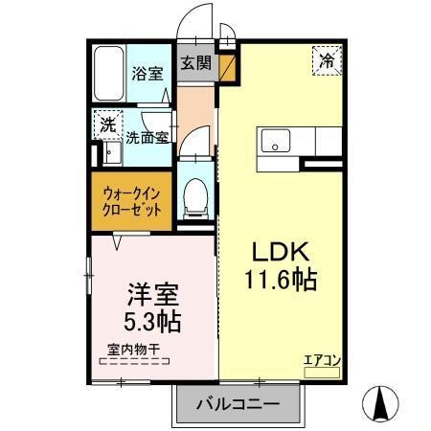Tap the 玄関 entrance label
coord(195,63)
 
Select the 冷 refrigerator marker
coord(327,60)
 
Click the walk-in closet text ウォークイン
coord(134,191)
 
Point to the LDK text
coord(280,252)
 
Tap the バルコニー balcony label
coord(238,404)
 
